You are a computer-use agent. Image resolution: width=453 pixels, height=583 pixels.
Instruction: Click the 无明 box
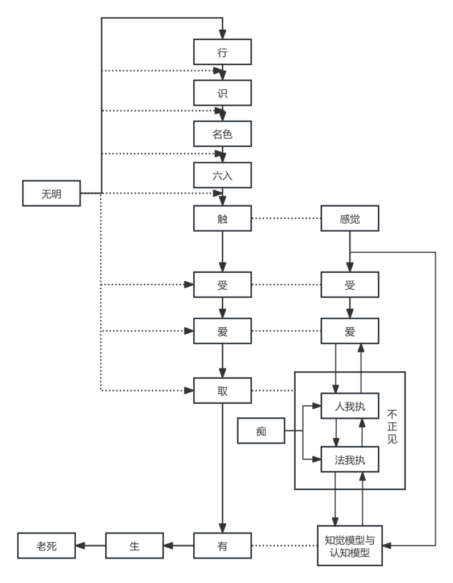51,194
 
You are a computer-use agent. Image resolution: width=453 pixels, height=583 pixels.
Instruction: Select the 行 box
222,52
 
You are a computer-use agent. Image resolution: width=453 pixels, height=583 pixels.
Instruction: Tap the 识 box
222,93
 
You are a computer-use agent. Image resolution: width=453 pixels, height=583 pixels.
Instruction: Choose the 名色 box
222,135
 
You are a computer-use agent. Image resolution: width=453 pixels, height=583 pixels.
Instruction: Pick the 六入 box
222,176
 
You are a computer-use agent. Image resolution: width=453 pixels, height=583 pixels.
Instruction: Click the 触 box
222,219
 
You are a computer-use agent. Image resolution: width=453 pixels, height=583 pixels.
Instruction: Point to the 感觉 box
350,219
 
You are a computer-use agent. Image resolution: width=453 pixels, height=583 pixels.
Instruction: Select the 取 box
222,390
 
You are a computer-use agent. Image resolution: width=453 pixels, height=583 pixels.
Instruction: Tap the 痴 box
261,431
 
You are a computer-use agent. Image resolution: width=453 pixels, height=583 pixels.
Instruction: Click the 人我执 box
350,407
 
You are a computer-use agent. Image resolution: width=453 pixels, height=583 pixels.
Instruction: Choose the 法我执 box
350,459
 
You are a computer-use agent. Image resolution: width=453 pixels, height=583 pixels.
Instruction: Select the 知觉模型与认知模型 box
350,545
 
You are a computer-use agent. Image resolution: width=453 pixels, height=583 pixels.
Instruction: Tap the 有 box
222,546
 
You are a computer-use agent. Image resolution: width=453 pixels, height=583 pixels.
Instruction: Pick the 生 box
134,546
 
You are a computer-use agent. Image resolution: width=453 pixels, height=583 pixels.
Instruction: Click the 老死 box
47,546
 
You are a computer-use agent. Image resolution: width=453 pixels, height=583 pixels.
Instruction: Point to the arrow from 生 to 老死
91,546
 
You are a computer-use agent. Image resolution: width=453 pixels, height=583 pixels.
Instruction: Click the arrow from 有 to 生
178,546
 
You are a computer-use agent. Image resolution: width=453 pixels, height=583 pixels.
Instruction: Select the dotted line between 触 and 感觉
286,219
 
